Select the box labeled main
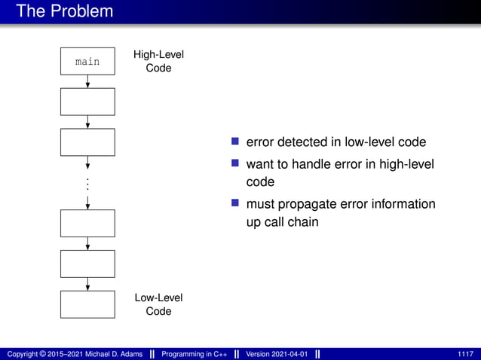coord(87,62)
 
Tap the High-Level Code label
coord(158,62)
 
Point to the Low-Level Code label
coord(158,304)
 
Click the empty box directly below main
coord(87,102)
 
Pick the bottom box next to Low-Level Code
coord(87,304)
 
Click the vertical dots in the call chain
coord(87,184)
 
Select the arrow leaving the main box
coord(88,81)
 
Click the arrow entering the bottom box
coord(88,284)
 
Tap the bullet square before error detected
coord(235,142)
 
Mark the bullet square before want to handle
coord(235,163)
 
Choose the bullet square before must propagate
coord(235,203)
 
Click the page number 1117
coord(465,354)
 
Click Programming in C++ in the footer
coord(195,354)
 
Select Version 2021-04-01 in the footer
coord(277,354)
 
